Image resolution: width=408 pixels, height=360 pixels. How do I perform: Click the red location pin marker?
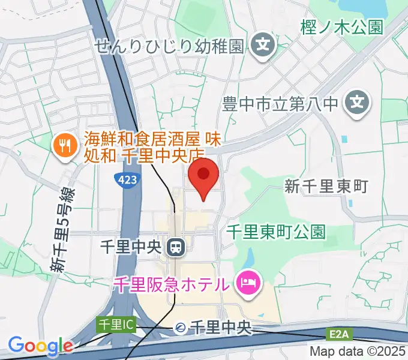click(x=203, y=175)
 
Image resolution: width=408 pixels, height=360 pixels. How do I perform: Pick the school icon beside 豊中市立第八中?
click(x=356, y=102)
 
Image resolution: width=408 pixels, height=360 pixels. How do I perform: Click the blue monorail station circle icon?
click(x=180, y=328)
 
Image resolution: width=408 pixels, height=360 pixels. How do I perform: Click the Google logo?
click(x=40, y=346)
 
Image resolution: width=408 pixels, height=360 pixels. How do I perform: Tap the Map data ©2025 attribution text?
click(x=358, y=352)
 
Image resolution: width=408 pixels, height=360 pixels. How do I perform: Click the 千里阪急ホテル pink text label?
click(x=171, y=283)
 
